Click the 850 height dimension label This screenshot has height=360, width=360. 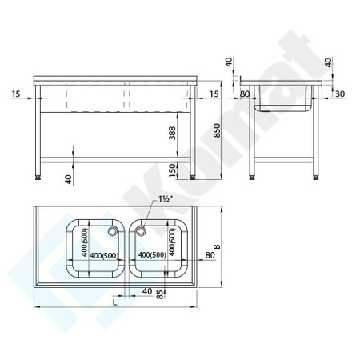pyautogui.click(x=218, y=130)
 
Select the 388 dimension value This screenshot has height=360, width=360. pyautogui.click(x=172, y=133)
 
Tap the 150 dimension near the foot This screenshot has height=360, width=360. pyautogui.click(x=173, y=170)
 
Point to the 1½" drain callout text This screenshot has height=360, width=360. pyautogui.click(x=166, y=199)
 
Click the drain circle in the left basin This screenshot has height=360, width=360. pyautogui.click(x=113, y=231)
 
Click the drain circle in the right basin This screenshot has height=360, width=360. pyautogui.click(x=141, y=231)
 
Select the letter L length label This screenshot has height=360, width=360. pyautogui.click(x=114, y=302)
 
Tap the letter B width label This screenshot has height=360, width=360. pyautogui.click(x=218, y=246)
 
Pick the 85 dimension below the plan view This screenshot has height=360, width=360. pyautogui.click(x=159, y=294)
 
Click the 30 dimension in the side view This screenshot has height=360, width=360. pyautogui.click(x=340, y=94)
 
